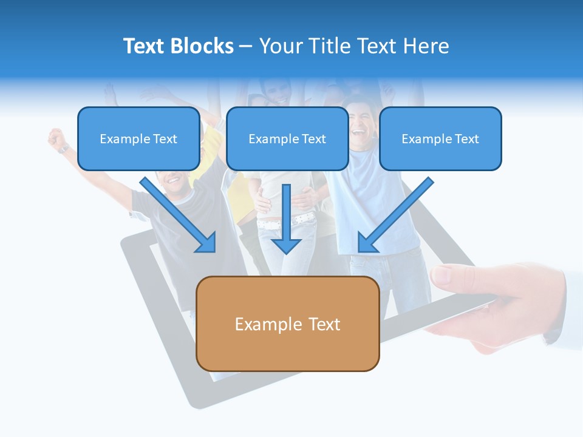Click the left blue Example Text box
pos(138,139)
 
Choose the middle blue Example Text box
pos(287,139)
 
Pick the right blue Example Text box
pos(440,139)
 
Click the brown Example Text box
pos(288,324)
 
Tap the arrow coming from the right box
pos(395,215)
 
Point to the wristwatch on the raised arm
pos(64,149)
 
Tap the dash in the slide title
pos(246,47)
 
